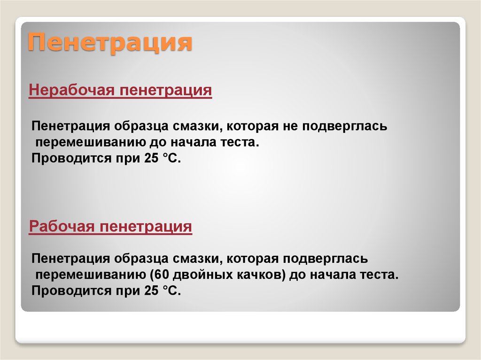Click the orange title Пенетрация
pos(110,43)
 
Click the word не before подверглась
pos(290,126)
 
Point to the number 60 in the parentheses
pos(162,275)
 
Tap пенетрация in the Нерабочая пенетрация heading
pos(166,91)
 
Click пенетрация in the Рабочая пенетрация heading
pos(146,227)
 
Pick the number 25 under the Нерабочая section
pos(151,158)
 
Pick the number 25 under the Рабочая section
pos(151,291)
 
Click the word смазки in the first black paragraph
pos(198,127)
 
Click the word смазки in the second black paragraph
pos(198,259)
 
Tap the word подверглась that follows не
pos(345,127)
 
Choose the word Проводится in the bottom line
pos(71,291)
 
